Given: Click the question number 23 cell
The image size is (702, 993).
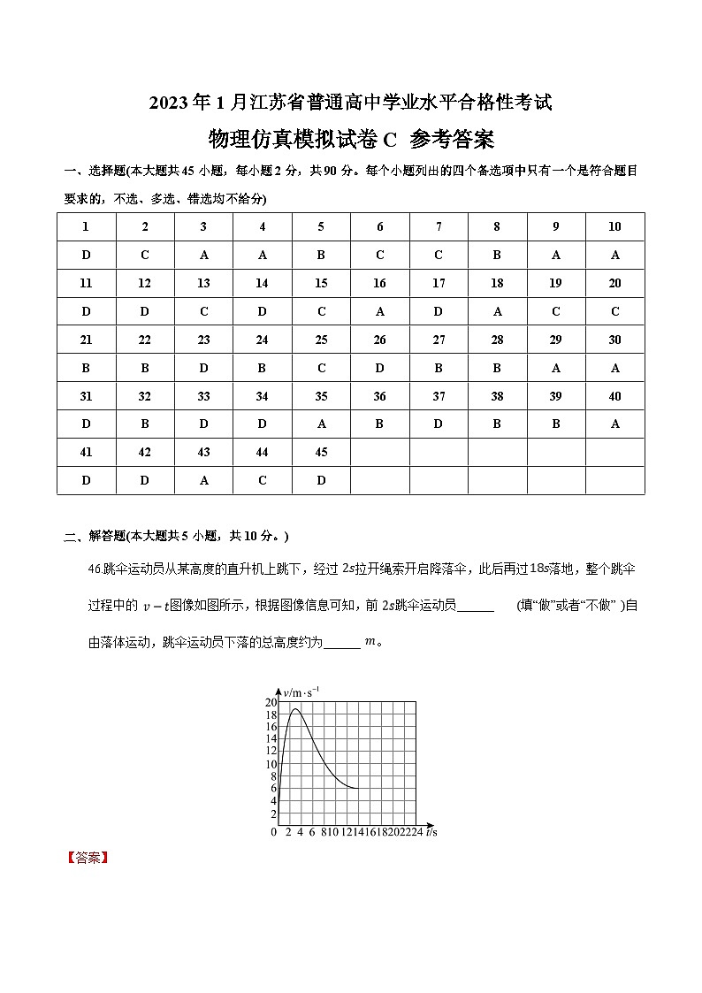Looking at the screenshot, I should tap(203, 340).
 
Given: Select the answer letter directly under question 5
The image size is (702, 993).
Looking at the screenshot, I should tap(321, 255).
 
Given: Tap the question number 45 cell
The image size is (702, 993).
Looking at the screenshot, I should tap(321, 452).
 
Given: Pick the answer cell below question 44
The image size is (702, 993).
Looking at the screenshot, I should tap(263, 480).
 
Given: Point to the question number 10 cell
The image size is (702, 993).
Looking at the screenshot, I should tap(614, 226).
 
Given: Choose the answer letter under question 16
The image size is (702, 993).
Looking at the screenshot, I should tap(379, 311).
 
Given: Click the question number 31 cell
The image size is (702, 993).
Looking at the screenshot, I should tap(86, 396).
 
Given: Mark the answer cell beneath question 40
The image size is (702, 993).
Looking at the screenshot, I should tap(614, 424).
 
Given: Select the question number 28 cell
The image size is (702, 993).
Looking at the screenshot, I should tap(497, 340).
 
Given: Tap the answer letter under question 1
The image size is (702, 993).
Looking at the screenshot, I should tap(86, 255).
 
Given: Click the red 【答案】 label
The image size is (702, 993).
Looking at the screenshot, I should tap(86, 858).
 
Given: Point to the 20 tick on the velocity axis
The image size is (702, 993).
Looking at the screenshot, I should tap(271, 702).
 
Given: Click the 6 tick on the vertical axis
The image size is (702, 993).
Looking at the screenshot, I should tap(273, 789).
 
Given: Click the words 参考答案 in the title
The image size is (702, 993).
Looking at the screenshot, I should tap(452, 140).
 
